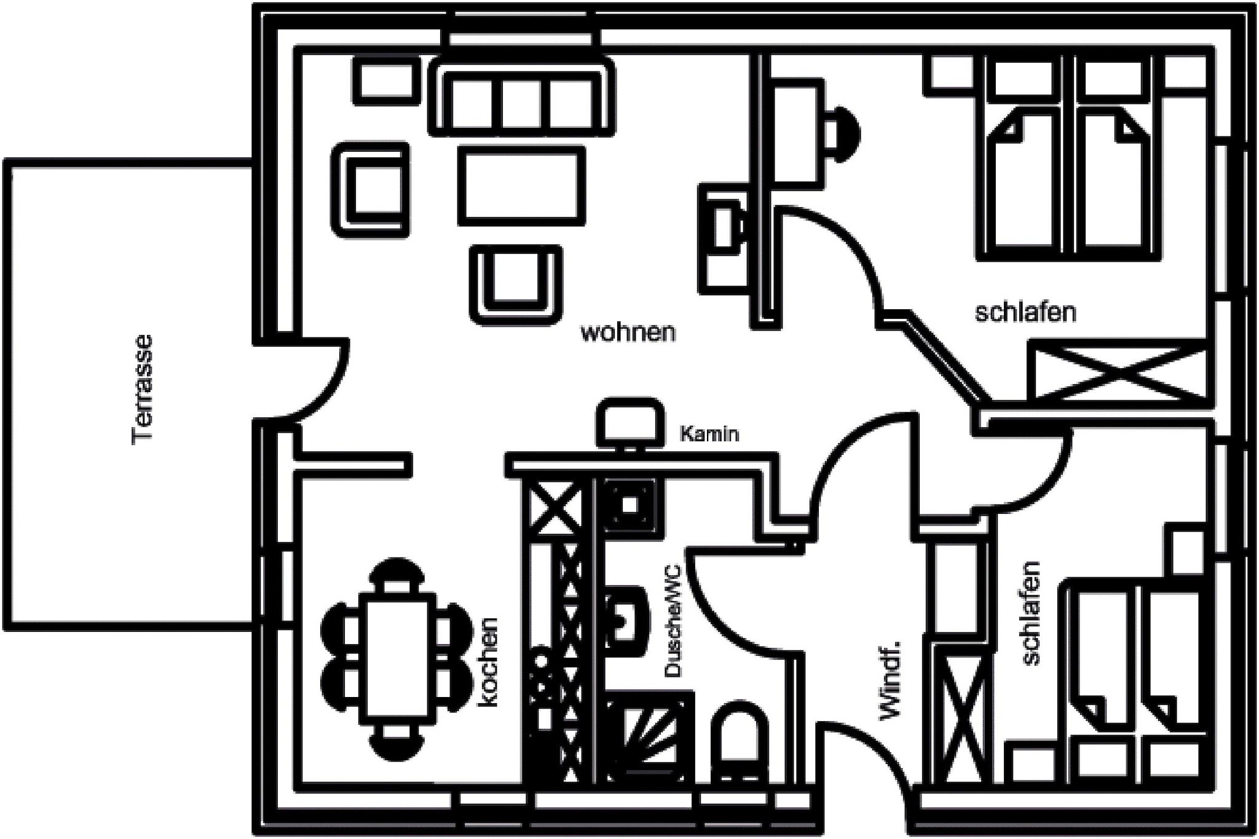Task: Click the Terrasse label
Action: tap(143, 389)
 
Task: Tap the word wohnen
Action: tap(628, 333)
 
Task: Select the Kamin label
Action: tap(709, 434)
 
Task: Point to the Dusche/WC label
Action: tap(674, 621)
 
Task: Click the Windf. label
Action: tap(891, 679)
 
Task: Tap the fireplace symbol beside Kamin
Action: tap(630, 422)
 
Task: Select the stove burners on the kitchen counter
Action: tap(541, 682)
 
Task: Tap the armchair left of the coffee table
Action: tap(371, 189)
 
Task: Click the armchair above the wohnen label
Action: tap(516, 285)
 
